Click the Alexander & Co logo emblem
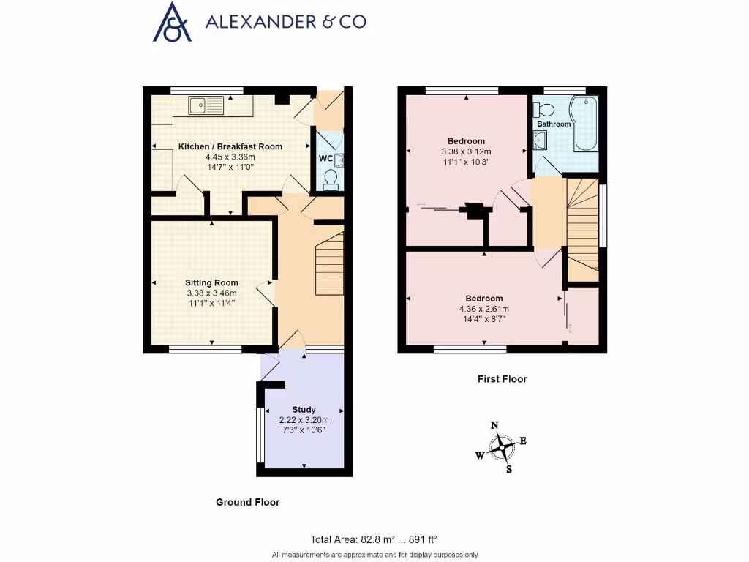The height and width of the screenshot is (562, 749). tap(172, 21)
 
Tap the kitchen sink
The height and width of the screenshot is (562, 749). tap(205, 106)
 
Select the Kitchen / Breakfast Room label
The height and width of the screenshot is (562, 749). tap(230, 146)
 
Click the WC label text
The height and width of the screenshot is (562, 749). tap(325, 158)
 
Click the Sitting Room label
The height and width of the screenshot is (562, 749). tap(211, 282)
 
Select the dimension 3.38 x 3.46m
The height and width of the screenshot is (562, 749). tap(211, 293)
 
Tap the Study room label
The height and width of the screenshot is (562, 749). tap(304, 409)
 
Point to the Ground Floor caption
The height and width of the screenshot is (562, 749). tap(247, 502)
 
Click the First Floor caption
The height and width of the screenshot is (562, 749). tap(502, 379)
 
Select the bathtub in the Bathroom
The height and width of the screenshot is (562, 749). tap(586, 122)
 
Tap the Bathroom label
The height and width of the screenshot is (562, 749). tap(554, 124)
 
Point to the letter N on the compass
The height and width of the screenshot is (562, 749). tap(494, 425)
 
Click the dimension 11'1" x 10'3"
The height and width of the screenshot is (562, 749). tap(465, 162)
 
